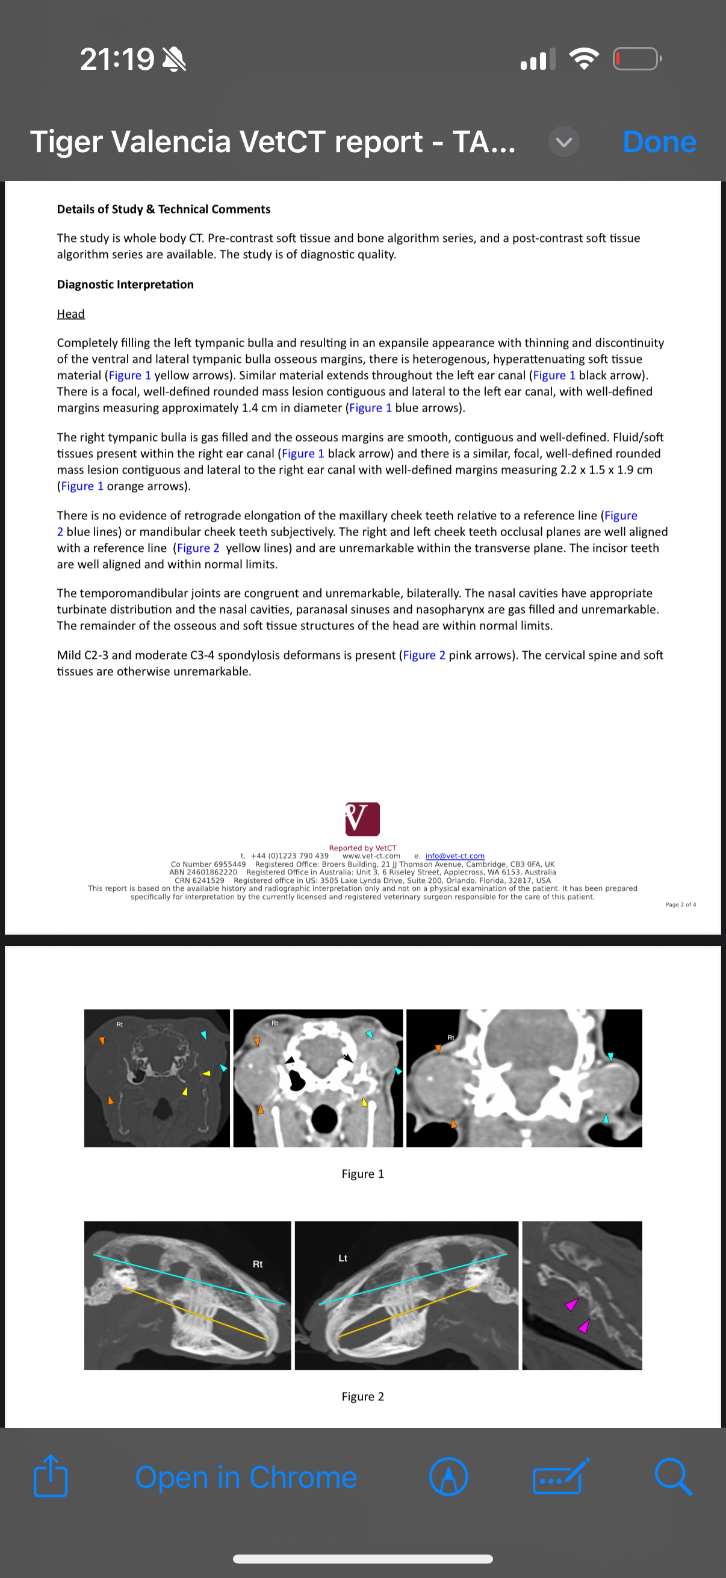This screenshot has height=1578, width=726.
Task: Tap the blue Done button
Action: (x=659, y=142)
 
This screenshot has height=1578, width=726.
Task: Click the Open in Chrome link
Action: (x=246, y=1477)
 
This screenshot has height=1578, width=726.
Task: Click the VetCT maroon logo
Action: (x=362, y=818)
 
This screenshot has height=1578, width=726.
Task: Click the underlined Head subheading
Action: (x=70, y=314)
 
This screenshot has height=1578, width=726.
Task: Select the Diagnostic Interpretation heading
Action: (x=125, y=285)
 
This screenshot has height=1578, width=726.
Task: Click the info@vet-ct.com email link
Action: (x=455, y=856)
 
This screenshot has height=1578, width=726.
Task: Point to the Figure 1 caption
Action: (x=362, y=1174)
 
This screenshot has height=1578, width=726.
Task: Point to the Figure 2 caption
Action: (x=362, y=1396)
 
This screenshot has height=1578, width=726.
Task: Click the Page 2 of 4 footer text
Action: (x=680, y=905)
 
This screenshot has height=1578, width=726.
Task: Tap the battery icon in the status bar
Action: (x=637, y=59)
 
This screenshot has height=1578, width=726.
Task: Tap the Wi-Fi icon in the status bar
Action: (x=584, y=59)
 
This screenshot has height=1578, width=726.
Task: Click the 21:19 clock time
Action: (x=117, y=60)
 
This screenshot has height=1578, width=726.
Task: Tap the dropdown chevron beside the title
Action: (x=563, y=142)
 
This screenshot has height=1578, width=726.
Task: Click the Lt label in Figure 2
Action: (x=343, y=1258)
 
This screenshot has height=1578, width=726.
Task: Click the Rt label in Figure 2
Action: (x=257, y=1264)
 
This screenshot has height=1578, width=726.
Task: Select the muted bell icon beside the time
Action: (x=174, y=60)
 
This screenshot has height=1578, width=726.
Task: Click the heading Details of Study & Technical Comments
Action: (x=164, y=209)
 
